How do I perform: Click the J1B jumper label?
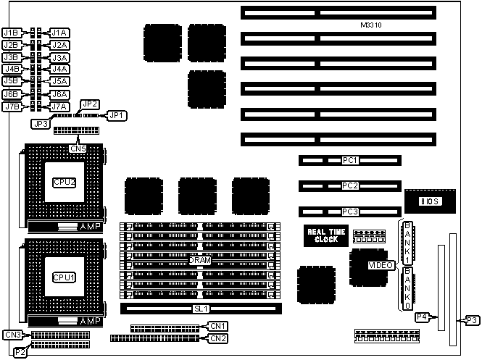tap(11, 33)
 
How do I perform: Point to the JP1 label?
tap(117, 115)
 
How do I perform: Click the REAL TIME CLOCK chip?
tap(325, 235)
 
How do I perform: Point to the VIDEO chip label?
tap(381, 266)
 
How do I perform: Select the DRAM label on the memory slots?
tap(199, 259)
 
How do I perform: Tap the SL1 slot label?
tap(200, 308)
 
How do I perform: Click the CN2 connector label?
tap(218, 338)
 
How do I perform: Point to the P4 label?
tap(423, 316)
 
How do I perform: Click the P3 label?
tap(471, 320)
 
